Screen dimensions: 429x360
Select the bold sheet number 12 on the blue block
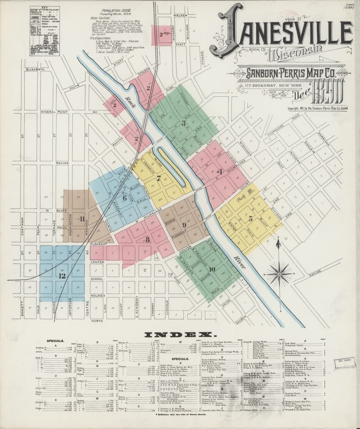click(x=62, y=276)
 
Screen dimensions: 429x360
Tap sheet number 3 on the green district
click(x=183, y=124)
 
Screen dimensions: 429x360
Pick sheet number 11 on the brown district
click(x=82, y=219)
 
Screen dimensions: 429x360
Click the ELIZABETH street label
click(x=35, y=69)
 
